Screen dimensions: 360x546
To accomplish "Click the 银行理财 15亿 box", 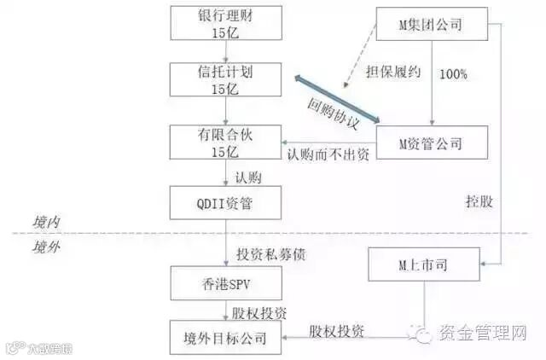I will tap(226, 23).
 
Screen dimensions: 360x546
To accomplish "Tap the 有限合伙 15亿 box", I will tap(226, 141).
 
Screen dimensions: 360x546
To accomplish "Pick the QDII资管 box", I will tap(226, 203).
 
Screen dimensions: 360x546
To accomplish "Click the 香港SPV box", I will tap(226, 282).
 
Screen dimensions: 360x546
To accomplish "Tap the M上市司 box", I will tap(423, 266).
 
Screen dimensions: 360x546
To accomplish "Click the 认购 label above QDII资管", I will tap(249, 178).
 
